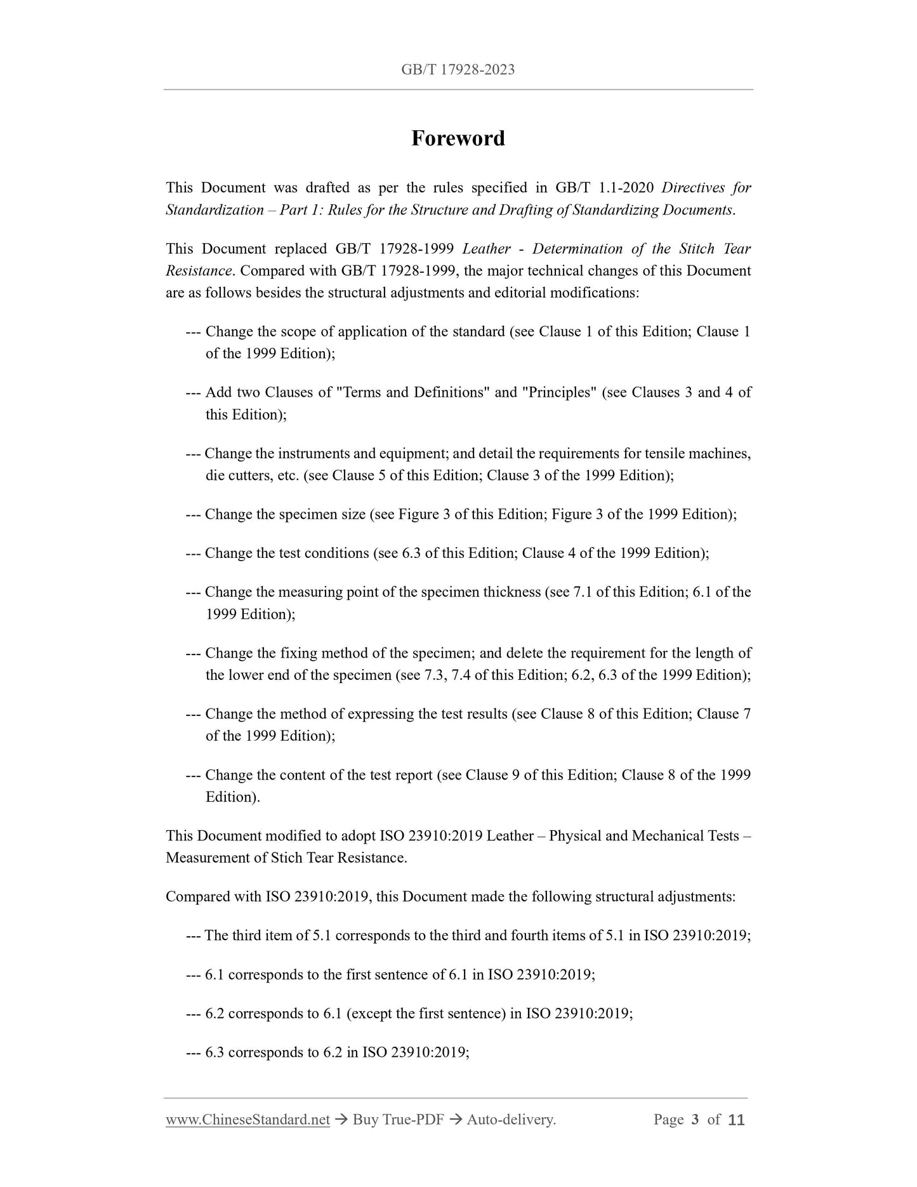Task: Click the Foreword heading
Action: click(x=458, y=138)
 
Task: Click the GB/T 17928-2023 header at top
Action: click(x=458, y=70)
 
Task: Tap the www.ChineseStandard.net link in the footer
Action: click(x=247, y=1120)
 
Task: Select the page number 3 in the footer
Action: click(x=695, y=1120)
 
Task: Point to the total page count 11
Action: click(x=736, y=1120)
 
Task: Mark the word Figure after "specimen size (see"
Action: click(x=418, y=514)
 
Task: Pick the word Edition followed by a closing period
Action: click(x=231, y=797)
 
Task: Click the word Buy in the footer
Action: click(x=366, y=1120)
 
